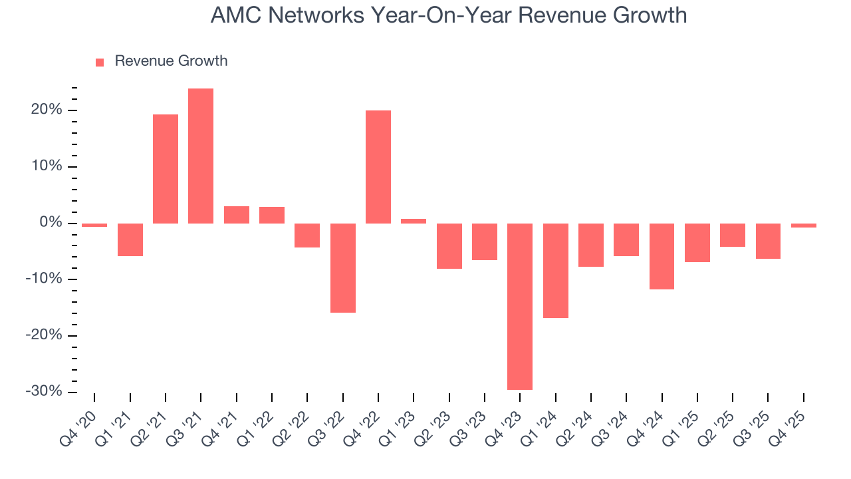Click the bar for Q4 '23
[x=520, y=306]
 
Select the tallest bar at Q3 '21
[x=201, y=156]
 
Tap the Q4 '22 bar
[x=378, y=166]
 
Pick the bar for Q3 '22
[x=343, y=267]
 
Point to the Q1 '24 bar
[x=556, y=270]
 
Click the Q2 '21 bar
[x=166, y=169]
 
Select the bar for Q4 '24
[x=662, y=256]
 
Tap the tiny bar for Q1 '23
[x=414, y=221]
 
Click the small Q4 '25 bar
[x=804, y=226]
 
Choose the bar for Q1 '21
[x=130, y=239]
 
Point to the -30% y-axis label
[x=45, y=391]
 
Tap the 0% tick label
[x=52, y=222]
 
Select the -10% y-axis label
[x=45, y=279]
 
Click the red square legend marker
[x=100, y=63]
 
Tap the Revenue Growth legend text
[x=171, y=61]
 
